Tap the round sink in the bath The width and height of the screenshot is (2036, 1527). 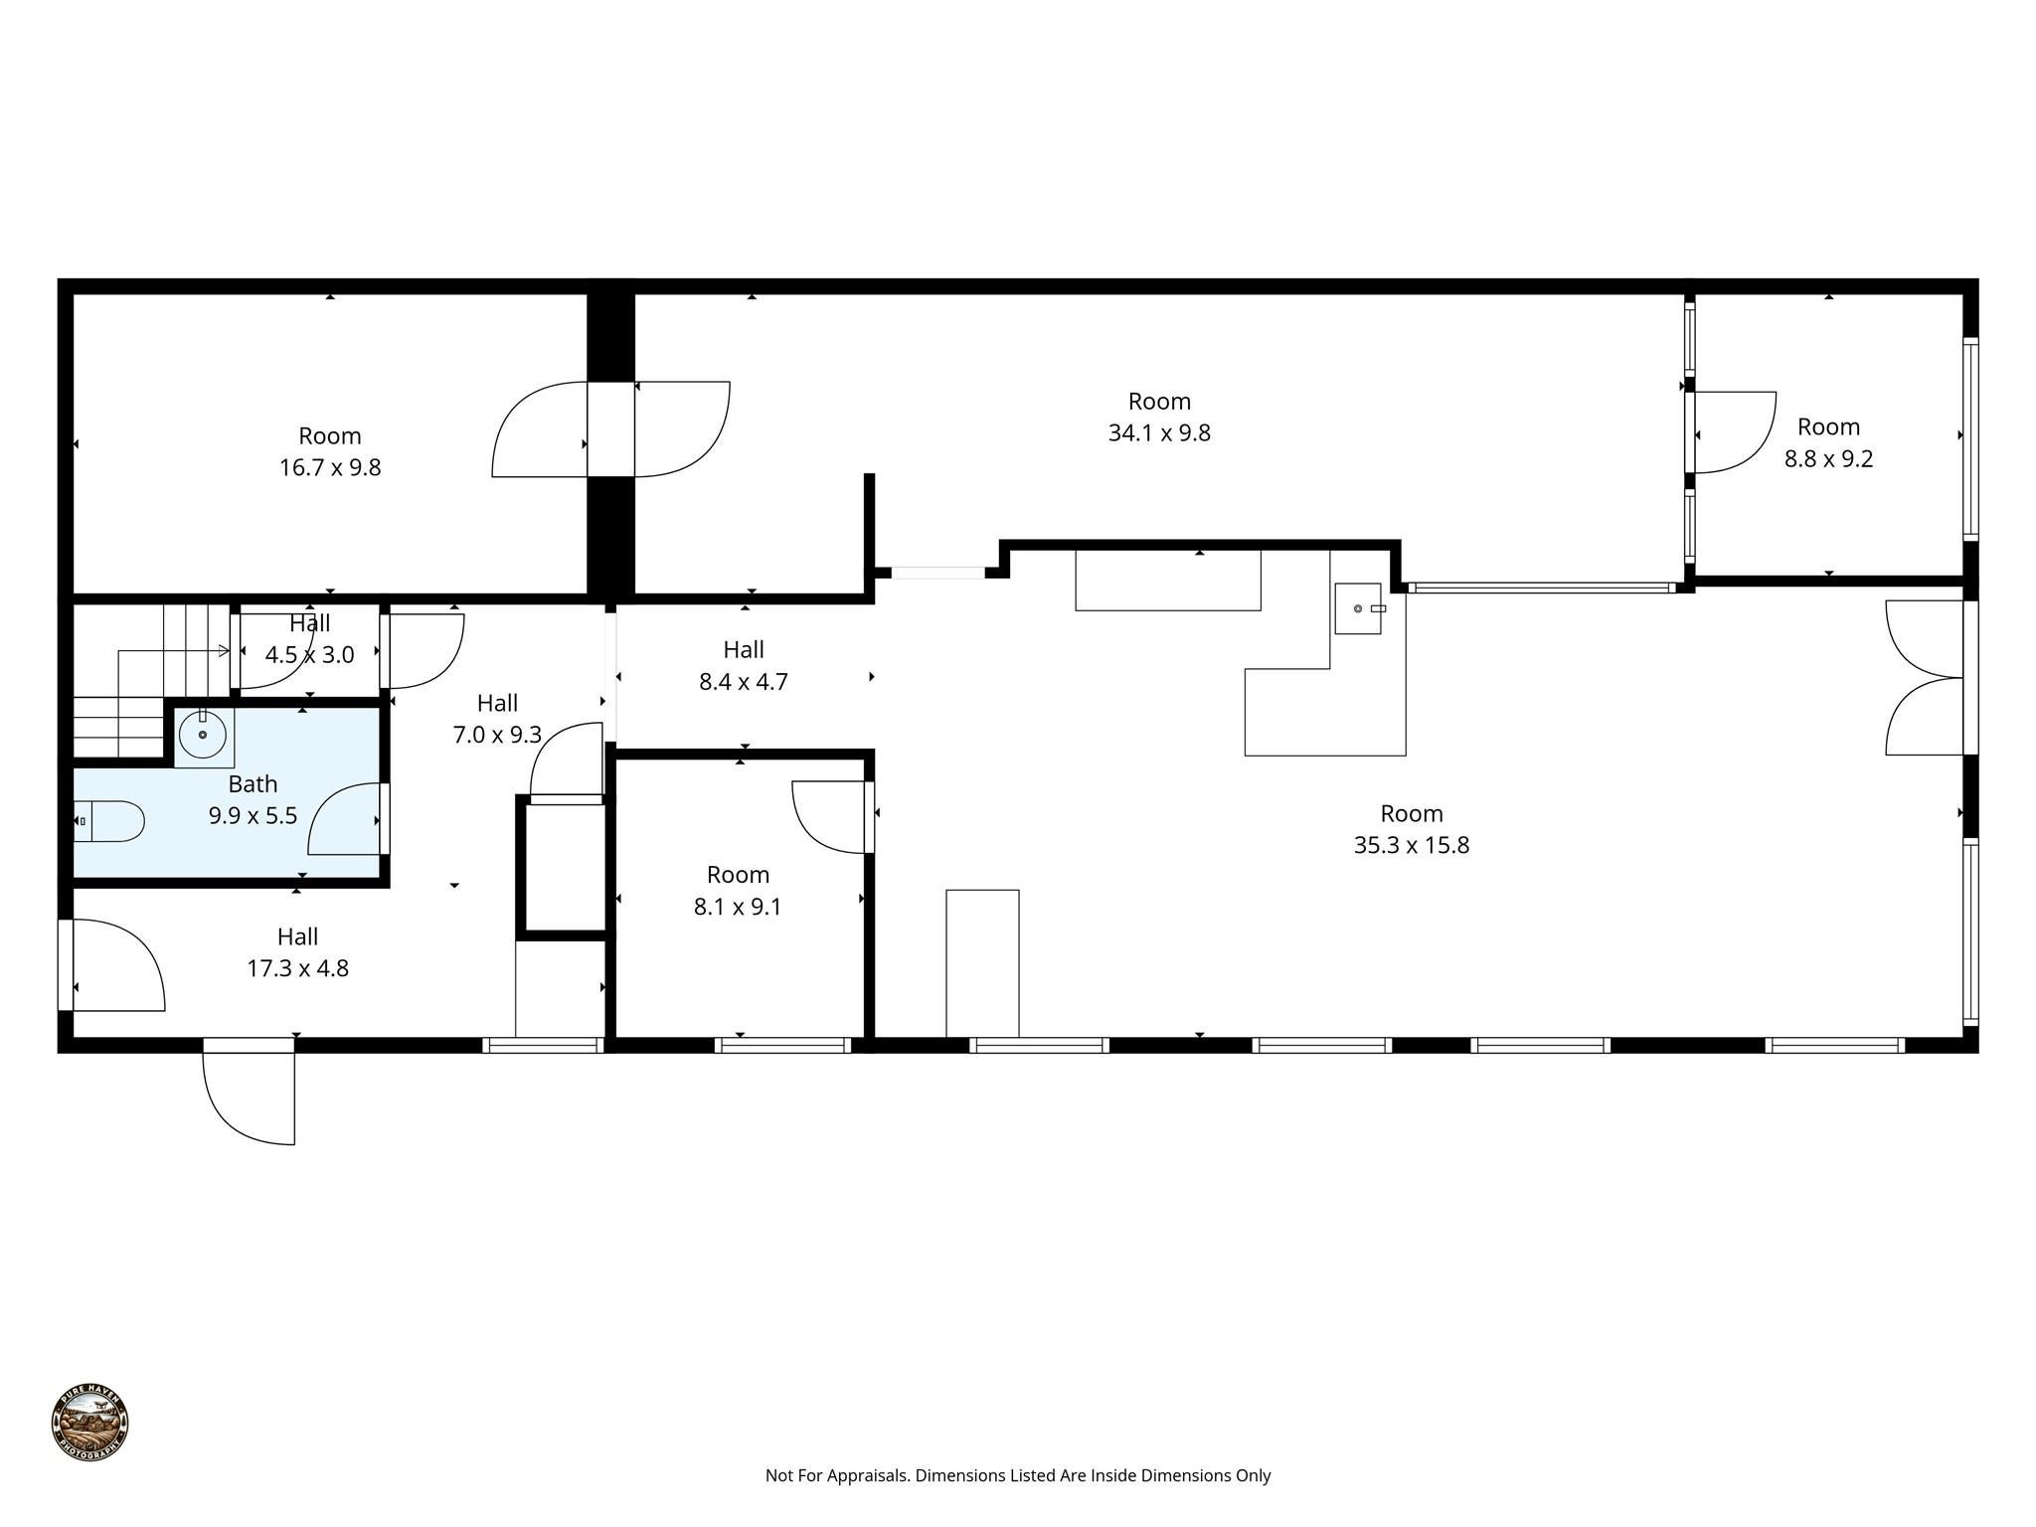point(203,735)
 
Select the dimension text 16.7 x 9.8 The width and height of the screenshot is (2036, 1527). point(330,467)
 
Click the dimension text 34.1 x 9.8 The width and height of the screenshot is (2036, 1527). point(1159,433)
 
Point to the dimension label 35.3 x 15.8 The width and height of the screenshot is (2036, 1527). point(1411,845)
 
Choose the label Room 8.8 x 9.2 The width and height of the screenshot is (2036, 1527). point(1828,442)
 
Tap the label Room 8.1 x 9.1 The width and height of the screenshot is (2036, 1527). point(738,891)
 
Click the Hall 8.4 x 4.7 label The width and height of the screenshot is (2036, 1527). point(744,665)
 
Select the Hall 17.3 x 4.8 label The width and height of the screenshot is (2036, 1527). point(297,952)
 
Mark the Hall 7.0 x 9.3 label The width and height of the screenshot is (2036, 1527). point(497,719)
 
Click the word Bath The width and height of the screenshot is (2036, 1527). point(253,784)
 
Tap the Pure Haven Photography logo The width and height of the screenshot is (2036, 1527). point(89,1423)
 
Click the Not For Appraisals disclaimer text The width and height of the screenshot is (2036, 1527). point(1017,1475)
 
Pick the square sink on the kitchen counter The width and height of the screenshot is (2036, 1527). point(1357,608)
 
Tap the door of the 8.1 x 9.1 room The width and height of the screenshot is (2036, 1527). point(831,815)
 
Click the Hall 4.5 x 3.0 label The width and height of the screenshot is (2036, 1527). point(309,639)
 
